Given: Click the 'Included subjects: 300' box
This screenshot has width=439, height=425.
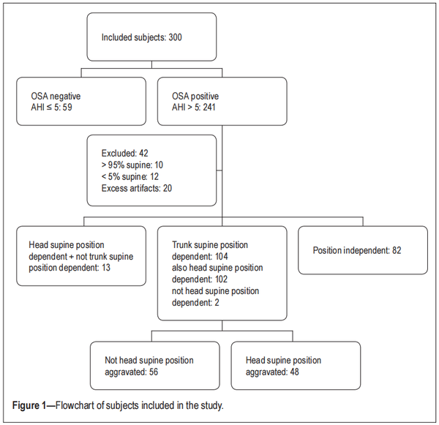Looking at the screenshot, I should click(151, 37).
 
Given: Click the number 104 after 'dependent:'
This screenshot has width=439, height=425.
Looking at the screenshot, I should click(220, 256).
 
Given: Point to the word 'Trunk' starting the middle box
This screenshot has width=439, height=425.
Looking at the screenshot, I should click(181, 245).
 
